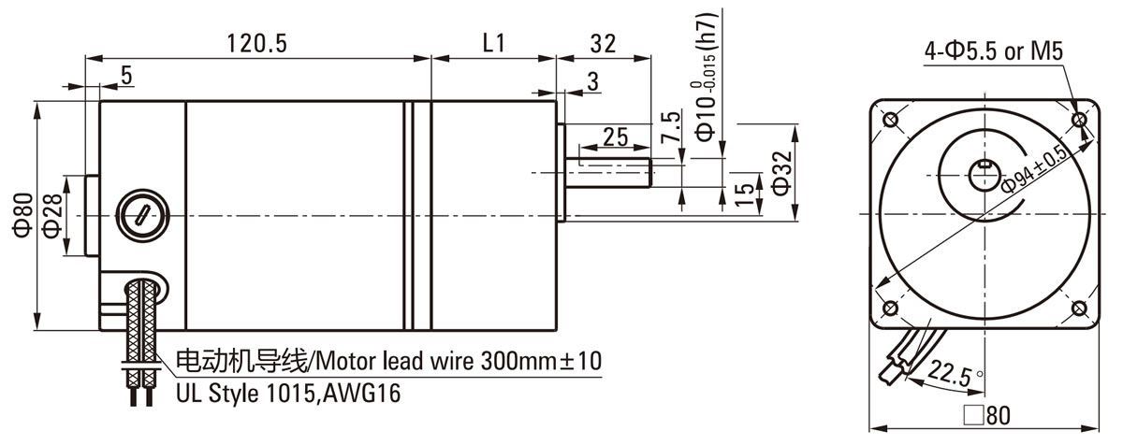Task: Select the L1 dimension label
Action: [x=493, y=43]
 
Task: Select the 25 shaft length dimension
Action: [x=615, y=136]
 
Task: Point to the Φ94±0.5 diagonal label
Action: [x=1035, y=168]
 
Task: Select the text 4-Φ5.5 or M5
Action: [x=994, y=52]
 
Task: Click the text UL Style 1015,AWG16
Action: [x=288, y=393]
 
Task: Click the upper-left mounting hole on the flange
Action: [x=890, y=120]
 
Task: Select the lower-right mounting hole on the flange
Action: [x=1079, y=309]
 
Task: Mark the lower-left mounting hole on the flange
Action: [x=890, y=309]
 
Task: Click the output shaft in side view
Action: [x=609, y=175]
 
